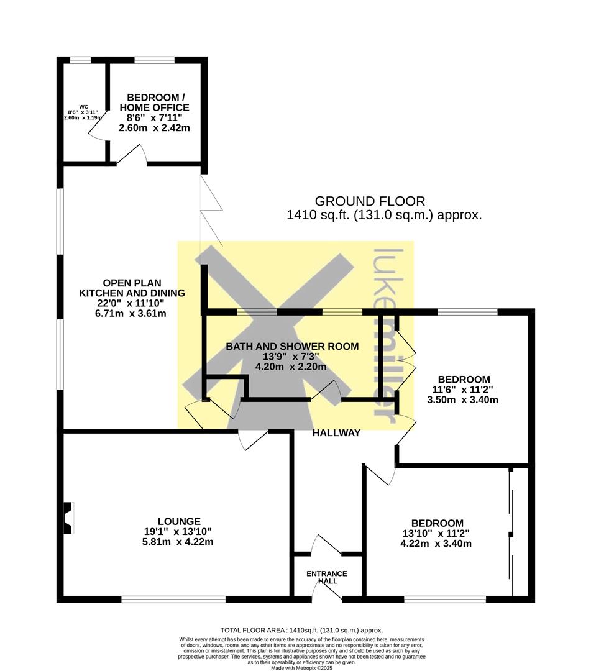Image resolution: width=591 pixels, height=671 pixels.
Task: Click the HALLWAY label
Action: pos(336,433)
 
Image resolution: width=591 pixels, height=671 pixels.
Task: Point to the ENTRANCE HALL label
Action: pos(327,577)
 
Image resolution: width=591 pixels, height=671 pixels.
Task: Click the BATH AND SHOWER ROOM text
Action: pos(292,346)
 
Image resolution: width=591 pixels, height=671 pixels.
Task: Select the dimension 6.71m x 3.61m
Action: pos(131,314)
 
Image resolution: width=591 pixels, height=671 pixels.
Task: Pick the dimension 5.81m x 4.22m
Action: pos(178,542)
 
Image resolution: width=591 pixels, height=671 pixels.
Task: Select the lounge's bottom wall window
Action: pos(173,600)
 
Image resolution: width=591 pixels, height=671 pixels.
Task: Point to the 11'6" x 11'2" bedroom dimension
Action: pos(464,390)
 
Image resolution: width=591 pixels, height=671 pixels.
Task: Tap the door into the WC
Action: pos(97,127)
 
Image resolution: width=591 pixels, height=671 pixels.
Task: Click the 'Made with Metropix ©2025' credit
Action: pos(301,668)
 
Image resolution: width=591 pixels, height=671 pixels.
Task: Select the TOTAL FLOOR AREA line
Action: pos(301,630)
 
